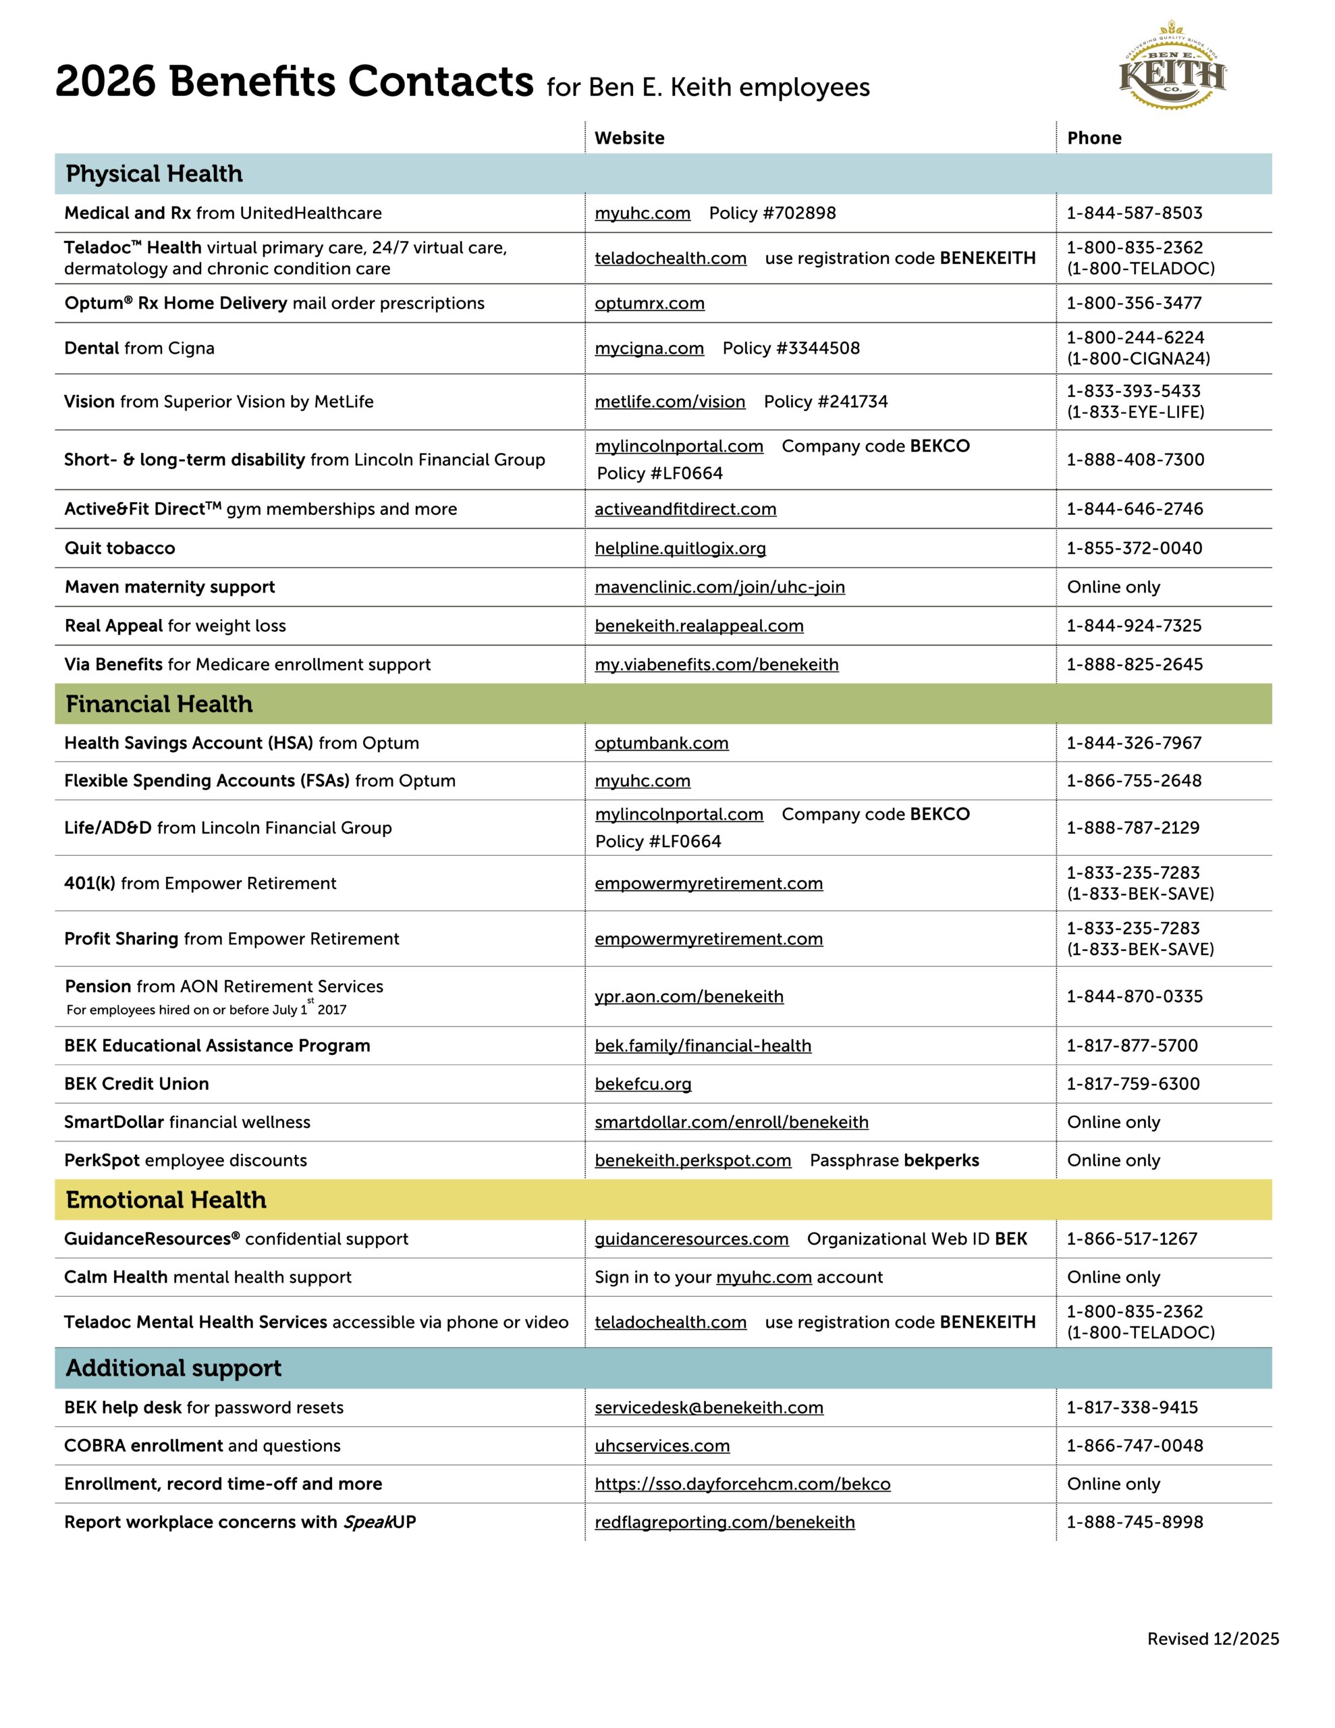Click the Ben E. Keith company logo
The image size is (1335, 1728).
(x=1172, y=65)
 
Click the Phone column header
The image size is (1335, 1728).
(x=1093, y=138)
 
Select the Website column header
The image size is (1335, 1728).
(x=629, y=138)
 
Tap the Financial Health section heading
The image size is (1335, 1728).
(x=159, y=703)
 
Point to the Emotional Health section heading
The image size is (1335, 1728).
(x=166, y=1199)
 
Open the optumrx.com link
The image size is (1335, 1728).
(x=649, y=303)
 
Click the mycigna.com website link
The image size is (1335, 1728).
(x=649, y=348)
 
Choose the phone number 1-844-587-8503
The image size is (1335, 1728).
(x=1134, y=213)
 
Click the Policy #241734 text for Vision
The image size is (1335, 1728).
(x=825, y=402)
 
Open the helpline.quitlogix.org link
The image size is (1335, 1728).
(x=680, y=548)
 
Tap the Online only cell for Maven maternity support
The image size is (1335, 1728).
(x=1114, y=587)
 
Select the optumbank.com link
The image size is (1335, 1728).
(x=661, y=743)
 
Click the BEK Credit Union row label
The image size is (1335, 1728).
(x=137, y=1084)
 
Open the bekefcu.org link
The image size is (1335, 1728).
(x=643, y=1084)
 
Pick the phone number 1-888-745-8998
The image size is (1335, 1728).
(x=1135, y=1522)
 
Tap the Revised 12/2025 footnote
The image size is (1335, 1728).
(x=1212, y=1639)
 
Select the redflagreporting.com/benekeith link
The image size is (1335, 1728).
(x=724, y=1522)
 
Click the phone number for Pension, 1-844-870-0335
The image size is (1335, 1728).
(x=1134, y=996)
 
